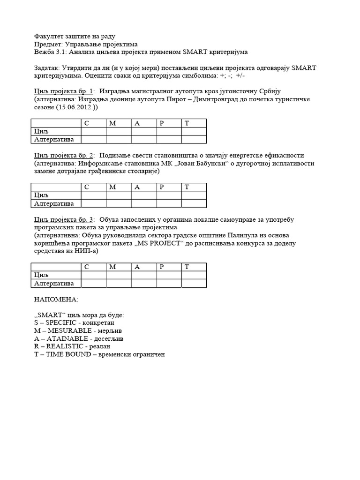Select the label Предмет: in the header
pos(49,44)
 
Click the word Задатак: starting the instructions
pos(47,68)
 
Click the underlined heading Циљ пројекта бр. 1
pos(64,91)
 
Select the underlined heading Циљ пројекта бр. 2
pos(64,155)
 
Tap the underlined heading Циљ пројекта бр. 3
pos(64,219)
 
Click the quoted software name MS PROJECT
pos(158,244)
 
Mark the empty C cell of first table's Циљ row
pos(93,131)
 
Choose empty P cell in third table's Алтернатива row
pos(169,283)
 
